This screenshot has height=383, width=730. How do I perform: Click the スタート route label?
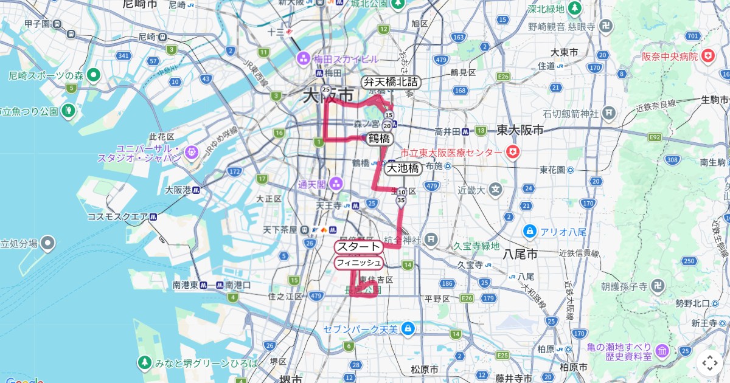click(x=358, y=247)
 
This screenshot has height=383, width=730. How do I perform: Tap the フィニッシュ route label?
click(x=358, y=263)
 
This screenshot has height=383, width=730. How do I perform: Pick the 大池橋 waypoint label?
click(x=403, y=168)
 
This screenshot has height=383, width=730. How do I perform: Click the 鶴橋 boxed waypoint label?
click(x=379, y=139)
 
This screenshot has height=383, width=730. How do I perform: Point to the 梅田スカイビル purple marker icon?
click(x=303, y=59)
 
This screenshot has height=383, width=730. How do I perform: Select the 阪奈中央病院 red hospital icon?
click(x=707, y=57)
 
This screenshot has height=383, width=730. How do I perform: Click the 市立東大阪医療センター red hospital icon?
click(x=513, y=151)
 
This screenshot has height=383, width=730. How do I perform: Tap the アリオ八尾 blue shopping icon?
click(x=529, y=232)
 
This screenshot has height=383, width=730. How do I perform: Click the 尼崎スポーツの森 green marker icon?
click(x=93, y=75)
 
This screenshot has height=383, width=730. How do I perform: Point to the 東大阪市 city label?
click(x=520, y=129)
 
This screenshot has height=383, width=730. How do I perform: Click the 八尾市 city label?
click(x=521, y=254)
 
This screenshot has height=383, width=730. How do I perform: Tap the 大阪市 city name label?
click(x=328, y=96)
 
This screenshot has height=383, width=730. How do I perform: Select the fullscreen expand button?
click(x=710, y=363)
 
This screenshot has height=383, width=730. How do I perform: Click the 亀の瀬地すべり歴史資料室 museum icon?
click(x=662, y=351)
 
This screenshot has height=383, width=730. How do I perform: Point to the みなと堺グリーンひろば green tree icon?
click(x=144, y=363)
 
